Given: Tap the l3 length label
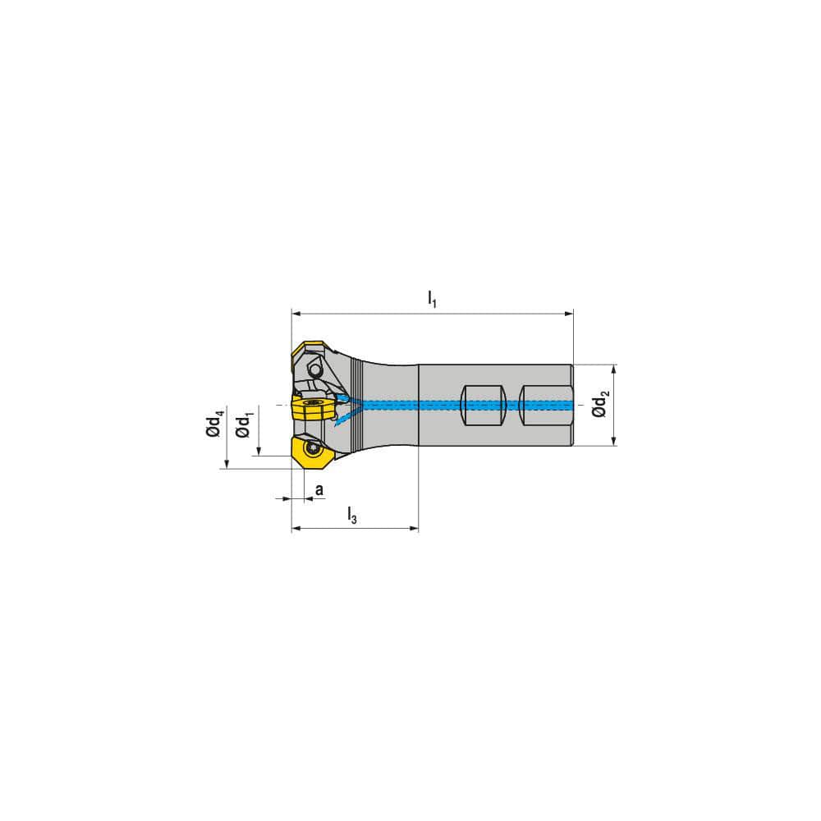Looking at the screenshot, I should [x=352, y=516].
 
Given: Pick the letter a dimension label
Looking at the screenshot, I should [x=319, y=489].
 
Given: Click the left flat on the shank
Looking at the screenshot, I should [x=481, y=405].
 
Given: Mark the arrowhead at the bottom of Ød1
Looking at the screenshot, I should [x=259, y=452].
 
